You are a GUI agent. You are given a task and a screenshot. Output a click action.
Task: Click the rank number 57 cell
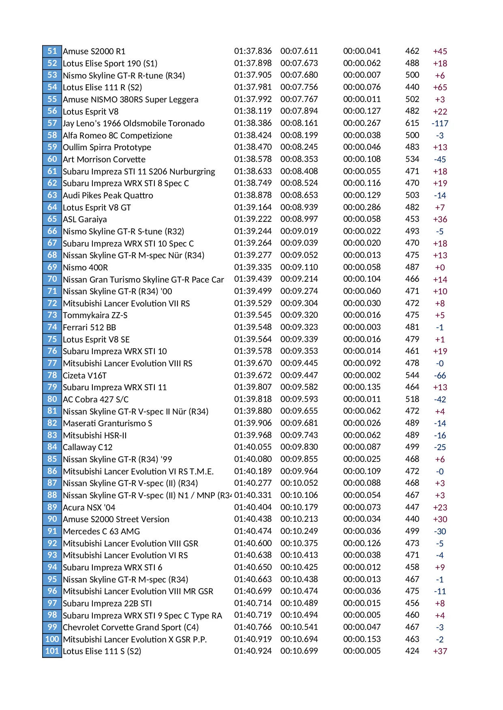click(52, 123)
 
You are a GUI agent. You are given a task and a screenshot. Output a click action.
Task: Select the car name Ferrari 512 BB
click(89, 327)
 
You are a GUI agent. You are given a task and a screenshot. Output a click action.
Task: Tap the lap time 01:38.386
click(253, 123)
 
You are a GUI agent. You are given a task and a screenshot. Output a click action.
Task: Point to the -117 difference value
click(440, 123)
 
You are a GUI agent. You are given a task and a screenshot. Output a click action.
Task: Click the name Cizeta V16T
click(85, 376)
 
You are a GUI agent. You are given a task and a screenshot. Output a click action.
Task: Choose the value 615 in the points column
click(412, 123)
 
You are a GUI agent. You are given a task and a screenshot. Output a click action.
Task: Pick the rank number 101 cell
click(52, 651)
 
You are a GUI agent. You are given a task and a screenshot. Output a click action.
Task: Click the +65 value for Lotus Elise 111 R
click(440, 87)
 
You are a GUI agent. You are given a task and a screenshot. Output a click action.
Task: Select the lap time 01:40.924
click(253, 651)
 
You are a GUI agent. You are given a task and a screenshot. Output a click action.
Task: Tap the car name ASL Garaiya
click(85, 219)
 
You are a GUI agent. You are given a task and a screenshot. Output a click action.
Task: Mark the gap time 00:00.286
click(362, 207)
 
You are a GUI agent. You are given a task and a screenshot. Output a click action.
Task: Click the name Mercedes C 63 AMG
click(101, 531)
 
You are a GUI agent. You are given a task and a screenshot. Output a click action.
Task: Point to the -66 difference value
click(440, 376)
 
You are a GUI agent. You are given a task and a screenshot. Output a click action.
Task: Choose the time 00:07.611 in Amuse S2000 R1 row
click(299, 51)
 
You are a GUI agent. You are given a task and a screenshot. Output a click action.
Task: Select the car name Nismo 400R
click(85, 268)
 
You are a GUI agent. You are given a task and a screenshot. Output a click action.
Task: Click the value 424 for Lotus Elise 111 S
click(412, 651)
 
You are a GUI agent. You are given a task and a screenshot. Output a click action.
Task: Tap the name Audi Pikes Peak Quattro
click(108, 196)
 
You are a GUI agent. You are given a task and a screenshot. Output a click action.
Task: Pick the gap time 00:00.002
click(362, 375)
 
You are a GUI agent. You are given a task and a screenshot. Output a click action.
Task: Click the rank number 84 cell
click(52, 447)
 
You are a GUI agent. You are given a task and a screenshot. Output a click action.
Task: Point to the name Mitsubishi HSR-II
click(94, 436)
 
